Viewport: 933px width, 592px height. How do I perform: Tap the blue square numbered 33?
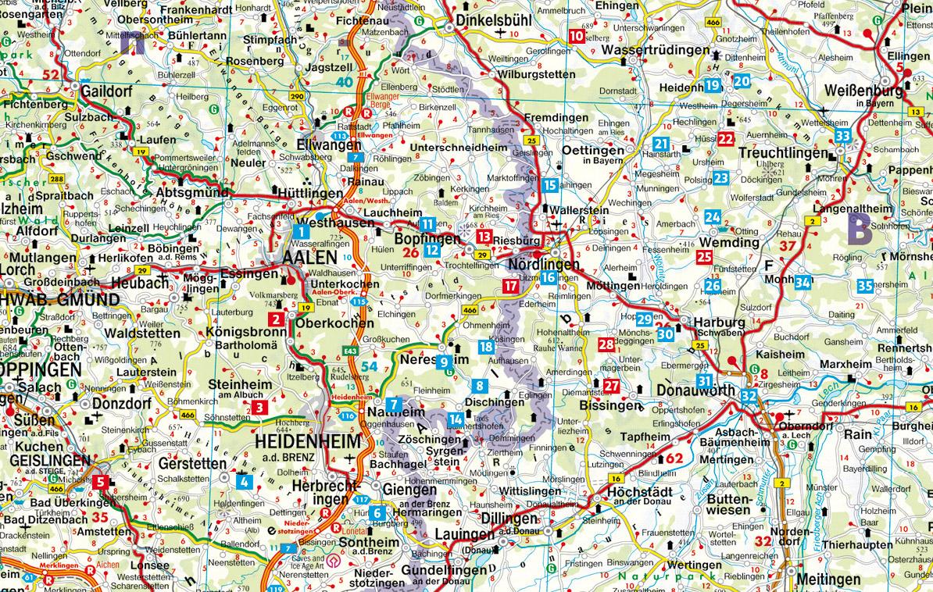click(842, 136)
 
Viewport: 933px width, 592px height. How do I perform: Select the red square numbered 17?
click(510, 287)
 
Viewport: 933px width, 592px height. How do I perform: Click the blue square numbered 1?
click(302, 230)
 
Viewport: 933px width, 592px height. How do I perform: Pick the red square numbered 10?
click(577, 35)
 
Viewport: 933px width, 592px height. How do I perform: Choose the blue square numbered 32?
click(749, 397)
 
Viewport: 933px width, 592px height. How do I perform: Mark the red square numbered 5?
click(101, 483)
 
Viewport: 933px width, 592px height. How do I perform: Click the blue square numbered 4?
click(245, 480)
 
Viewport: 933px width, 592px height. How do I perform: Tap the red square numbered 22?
click(726, 139)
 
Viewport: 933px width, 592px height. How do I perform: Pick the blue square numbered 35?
click(864, 286)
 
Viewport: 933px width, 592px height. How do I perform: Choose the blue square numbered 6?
click(378, 513)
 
